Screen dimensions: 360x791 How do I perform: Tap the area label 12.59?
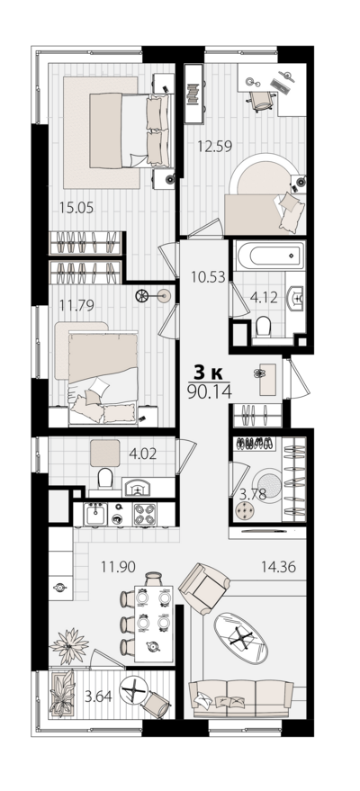pyautogui.click(x=215, y=147)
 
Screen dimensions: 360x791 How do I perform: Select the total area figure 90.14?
pyautogui.click(x=209, y=392)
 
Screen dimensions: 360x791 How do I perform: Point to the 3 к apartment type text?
pyautogui.click(x=209, y=373)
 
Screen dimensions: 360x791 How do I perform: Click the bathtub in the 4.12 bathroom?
pyautogui.click(x=270, y=256)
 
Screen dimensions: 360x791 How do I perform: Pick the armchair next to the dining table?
pyautogui.click(x=204, y=589)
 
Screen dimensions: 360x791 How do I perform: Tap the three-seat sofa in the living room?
pyautogui.click(x=240, y=697)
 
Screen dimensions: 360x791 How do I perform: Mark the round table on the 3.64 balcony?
pyautogui.click(x=133, y=688)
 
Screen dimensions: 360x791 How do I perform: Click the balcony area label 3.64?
pyautogui.click(x=98, y=697)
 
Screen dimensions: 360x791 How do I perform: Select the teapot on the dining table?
pyautogui.click(x=152, y=647)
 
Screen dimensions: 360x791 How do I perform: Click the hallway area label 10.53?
pyautogui.click(x=208, y=276)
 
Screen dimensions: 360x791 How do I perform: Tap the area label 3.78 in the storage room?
pyautogui.click(x=252, y=494)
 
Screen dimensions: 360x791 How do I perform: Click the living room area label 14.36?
pyautogui.click(x=278, y=567)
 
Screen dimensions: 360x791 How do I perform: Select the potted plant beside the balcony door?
pyautogui.click(x=69, y=645)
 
